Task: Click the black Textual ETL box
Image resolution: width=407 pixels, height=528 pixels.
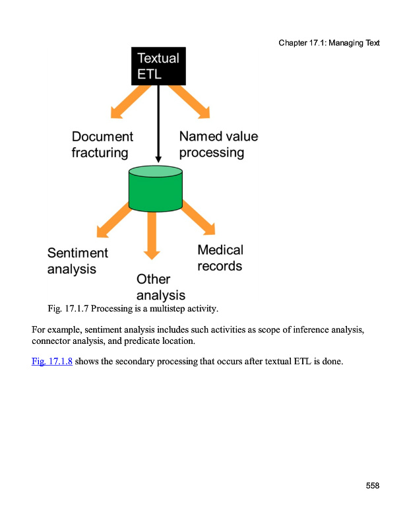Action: pos(158,66)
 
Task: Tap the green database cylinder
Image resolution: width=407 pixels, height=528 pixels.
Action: pos(156,189)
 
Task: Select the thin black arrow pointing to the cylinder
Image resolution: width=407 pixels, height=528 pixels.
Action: pos(158,125)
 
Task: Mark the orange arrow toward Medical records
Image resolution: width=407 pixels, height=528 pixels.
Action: pos(197,218)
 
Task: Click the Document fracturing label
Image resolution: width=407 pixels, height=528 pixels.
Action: pos(102,145)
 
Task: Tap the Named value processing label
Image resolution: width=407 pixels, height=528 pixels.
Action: pos(218,145)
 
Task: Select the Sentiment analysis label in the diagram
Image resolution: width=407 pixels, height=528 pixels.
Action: pos(77,261)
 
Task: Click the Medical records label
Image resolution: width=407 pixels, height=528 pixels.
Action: pos(220,258)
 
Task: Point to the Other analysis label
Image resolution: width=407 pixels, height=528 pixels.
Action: pos(160,287)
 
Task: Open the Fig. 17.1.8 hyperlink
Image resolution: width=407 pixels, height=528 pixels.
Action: pos(52,361)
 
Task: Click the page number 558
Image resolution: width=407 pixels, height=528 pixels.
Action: pos(373,486)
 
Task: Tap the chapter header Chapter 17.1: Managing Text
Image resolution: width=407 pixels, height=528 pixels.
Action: pos(329,43)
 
